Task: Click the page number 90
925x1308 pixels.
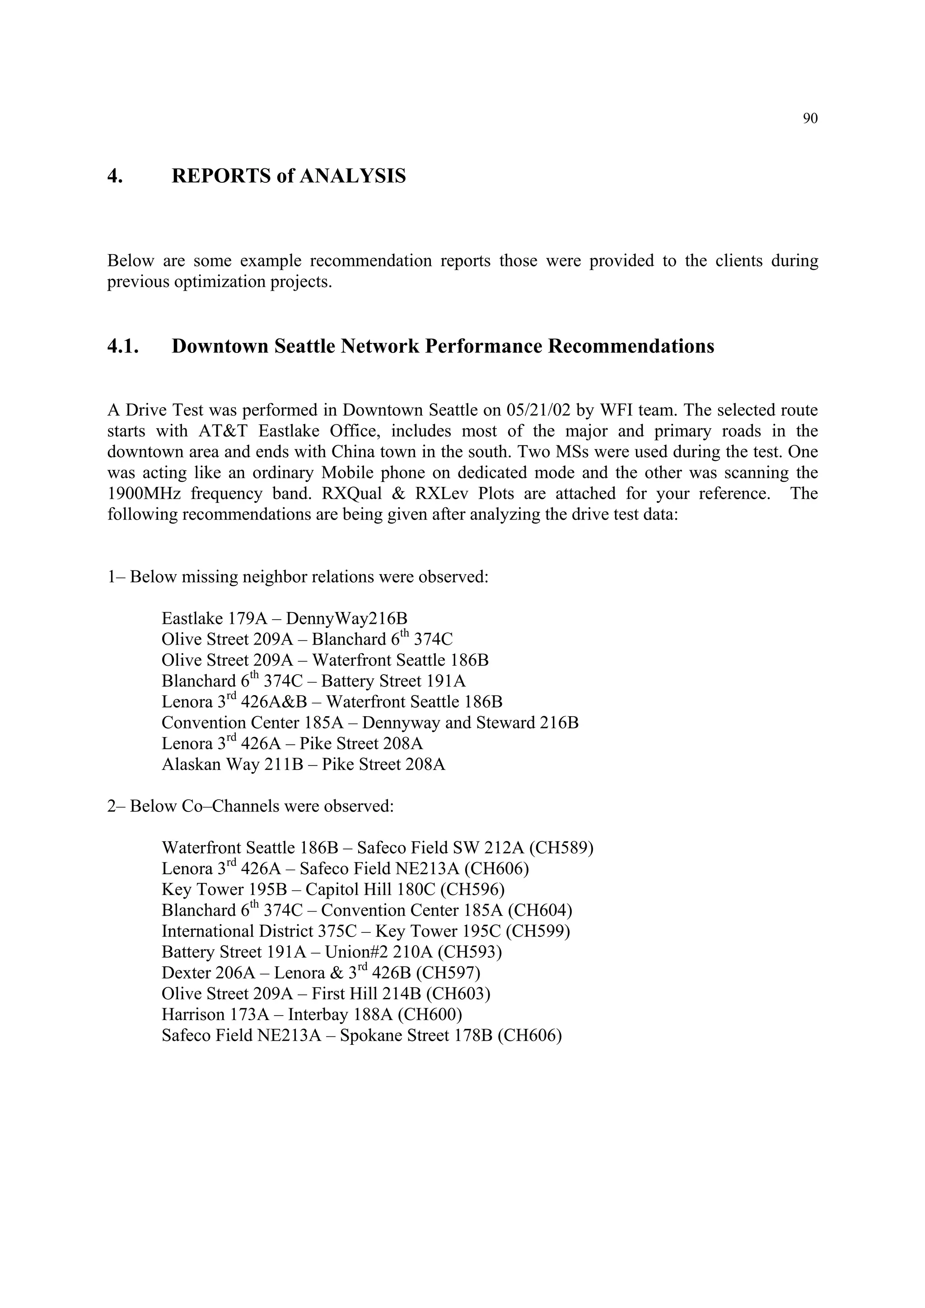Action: click(810, 119)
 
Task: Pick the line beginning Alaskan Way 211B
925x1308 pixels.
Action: click(303, 765)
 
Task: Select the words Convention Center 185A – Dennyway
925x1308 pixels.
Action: click(296, 723)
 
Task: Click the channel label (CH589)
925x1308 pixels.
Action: click(561, 848)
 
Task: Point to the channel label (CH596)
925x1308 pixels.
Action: click(472, 890)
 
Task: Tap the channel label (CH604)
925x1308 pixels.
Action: click(540, 910)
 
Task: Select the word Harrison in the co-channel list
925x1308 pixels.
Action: click(193, 1015)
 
